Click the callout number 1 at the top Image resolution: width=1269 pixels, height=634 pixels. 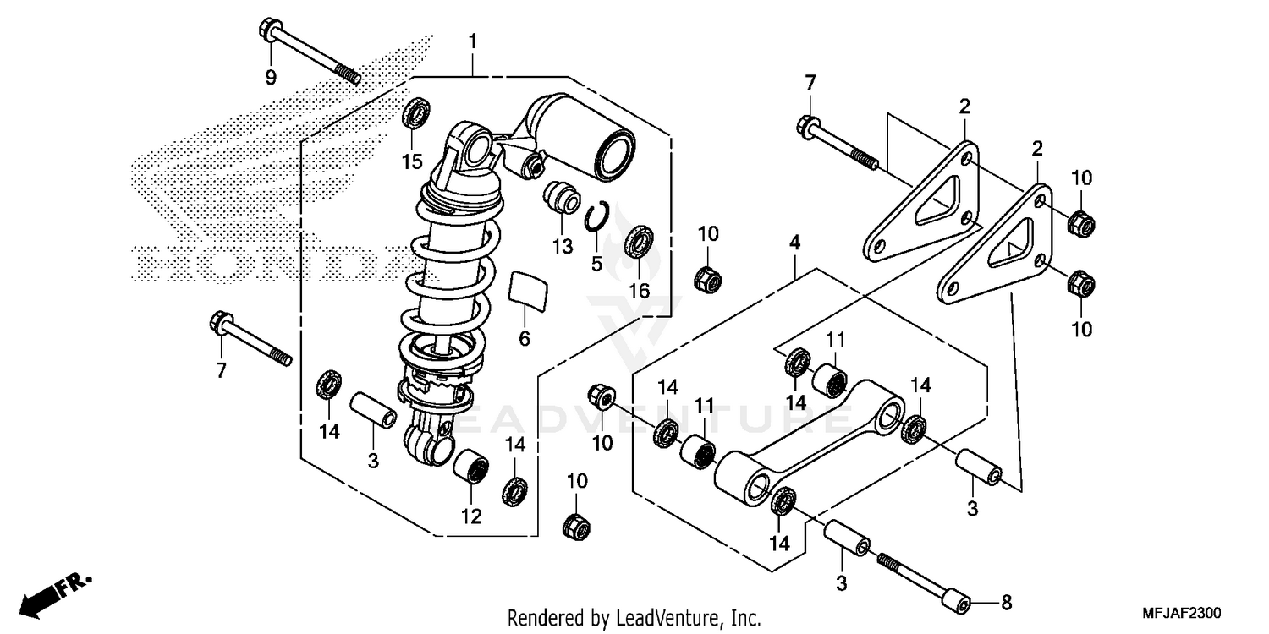473,41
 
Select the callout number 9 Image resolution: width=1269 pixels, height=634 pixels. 271,78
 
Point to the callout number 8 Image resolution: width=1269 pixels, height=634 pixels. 1005,604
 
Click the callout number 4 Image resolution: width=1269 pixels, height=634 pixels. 794,243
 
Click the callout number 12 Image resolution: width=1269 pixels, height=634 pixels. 471,516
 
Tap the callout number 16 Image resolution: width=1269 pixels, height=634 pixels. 639,291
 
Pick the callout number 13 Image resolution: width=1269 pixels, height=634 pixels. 563,246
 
